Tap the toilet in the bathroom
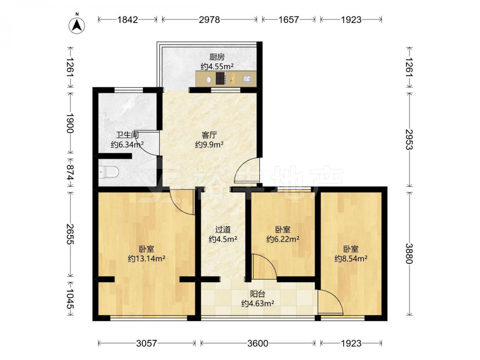[x=109, y=172]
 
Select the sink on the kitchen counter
[x=247, y=79]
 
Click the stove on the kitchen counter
[x=221, y=78]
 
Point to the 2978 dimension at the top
[x=209, y=20]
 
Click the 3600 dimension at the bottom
[x=258, y=344]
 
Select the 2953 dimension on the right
[x=409, y=139]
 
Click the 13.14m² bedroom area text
[x=146, y=259]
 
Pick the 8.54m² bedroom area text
[x=351, y=259]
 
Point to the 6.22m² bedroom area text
[x=283, y=239]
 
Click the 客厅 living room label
[x=209, y=135]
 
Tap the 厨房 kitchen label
[x=217, y=57]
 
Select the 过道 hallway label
[x=223, y=229]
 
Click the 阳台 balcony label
[x=258, y=294]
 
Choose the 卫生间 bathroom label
[x=127, y=135]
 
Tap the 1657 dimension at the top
[x=288, y=20]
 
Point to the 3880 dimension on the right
[x=409, y=253]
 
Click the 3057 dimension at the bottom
[x=146, y=344]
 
